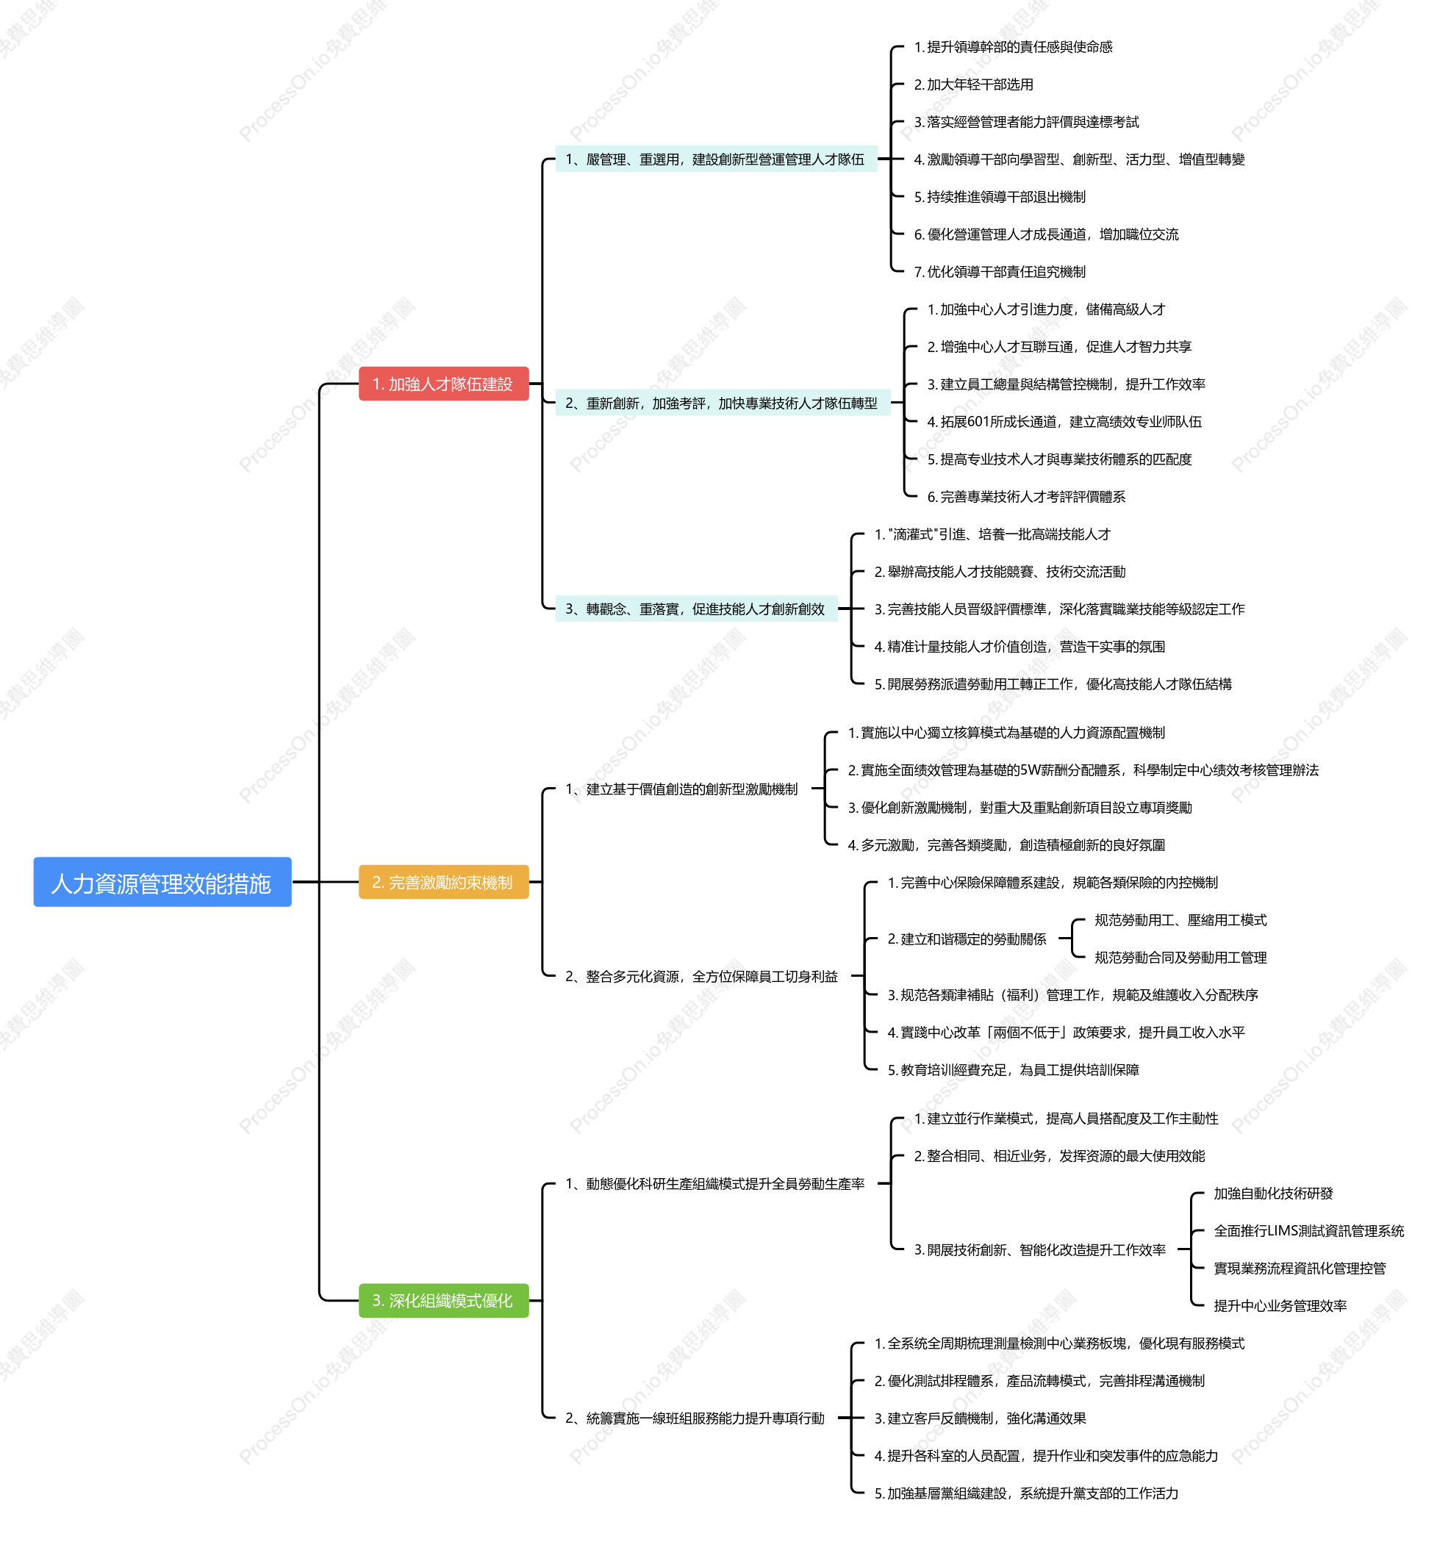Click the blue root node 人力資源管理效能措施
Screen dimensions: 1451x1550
point(162,882)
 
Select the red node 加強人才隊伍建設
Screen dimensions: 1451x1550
point(444,384)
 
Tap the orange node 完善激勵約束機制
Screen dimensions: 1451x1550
point(444,882)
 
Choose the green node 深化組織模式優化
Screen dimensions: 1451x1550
point(444,1301)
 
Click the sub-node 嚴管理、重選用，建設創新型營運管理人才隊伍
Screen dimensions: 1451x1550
point(716,159)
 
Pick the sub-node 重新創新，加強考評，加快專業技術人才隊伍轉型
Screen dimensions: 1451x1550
point(722,403)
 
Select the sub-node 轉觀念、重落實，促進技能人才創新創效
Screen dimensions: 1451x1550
point(695,609)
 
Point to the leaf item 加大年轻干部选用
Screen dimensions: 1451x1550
point(974,85)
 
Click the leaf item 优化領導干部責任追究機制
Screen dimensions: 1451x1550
point(1000,271)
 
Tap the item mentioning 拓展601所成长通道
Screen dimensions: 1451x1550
point(1064,422)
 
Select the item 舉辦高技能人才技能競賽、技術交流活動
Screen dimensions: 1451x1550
point(1000,572)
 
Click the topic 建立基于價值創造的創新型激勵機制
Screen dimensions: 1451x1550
point(681,789)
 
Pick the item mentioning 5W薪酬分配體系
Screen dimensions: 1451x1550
point(1083,770)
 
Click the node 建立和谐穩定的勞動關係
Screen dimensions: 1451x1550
point(967,939)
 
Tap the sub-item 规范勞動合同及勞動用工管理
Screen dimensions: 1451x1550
point(1180,958)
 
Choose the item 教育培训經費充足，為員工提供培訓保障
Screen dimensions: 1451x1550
point(1014,1070)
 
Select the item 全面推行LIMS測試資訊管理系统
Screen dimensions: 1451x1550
point(1309,1230)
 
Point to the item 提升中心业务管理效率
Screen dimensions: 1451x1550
point(1280,1305)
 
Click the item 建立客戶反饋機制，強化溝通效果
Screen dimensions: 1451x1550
point(980,1418)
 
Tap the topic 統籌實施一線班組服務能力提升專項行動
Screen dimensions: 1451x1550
point(695,1418)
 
